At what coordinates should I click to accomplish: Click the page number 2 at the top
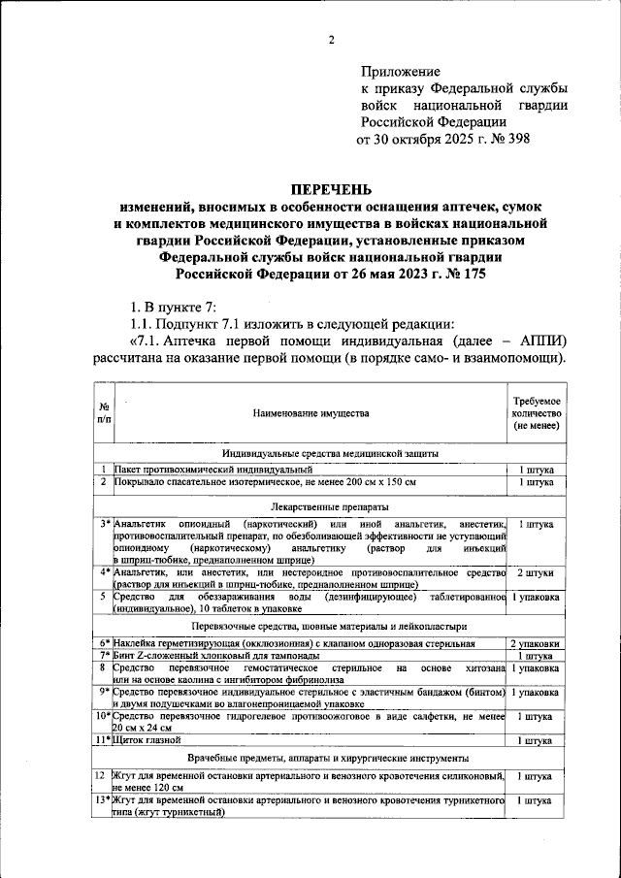330,40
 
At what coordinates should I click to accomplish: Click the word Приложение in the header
401,72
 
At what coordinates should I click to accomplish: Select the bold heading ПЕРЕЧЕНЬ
331,189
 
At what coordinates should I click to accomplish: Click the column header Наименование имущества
311,414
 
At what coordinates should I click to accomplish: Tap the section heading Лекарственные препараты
331,506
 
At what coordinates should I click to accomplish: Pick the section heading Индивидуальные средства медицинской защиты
331,453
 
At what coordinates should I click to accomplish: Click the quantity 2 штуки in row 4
536,572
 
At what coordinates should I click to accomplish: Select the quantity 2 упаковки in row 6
536,643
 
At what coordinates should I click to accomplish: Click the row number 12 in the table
101,776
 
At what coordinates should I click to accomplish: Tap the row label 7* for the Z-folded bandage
103,656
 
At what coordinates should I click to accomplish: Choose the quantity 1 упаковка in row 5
536,597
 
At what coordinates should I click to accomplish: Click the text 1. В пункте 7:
172,306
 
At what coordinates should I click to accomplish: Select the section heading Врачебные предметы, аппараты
331,757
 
